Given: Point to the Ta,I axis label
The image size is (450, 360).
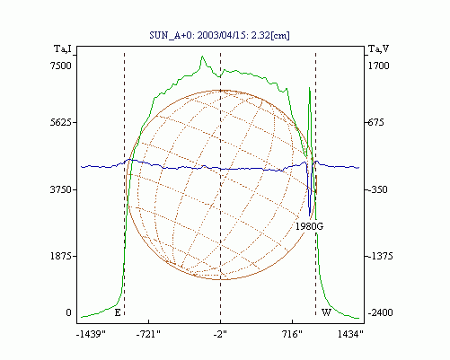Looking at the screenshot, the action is [x=63, y=48].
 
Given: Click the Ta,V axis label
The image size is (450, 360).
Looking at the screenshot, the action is [x=378, y=48].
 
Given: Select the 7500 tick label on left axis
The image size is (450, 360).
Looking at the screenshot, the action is [x=61, y=66].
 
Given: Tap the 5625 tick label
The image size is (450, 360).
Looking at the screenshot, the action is [x=61, y=122].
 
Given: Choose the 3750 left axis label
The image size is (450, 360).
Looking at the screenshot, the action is [x=61, y=189].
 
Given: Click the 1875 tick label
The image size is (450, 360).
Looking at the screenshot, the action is [x=61, y=257].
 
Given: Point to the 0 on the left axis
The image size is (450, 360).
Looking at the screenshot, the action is [x=68, y=312].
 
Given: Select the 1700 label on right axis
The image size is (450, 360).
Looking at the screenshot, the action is [x=378, y=66].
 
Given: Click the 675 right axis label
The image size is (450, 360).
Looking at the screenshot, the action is [x=375, y=122].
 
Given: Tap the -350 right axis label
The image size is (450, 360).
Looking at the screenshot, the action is [x=377, y=189].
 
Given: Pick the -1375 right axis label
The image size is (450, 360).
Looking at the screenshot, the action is [x=380, y=257].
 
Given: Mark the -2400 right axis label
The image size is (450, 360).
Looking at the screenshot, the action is [x=380, y=312].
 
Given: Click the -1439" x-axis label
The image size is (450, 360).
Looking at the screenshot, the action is [x=91, y=334].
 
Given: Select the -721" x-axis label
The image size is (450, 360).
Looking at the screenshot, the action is [x=148, y=334].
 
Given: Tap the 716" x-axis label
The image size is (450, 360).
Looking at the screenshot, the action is [x=292, y=334].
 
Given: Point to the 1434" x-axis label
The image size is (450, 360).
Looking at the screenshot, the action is [x=350, y=334].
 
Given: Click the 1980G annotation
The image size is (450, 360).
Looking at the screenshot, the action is [x=309, y=226].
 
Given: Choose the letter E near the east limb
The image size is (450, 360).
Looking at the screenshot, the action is [x=118, y=313].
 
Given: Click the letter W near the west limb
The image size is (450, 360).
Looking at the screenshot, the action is [x=326, y=312].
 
